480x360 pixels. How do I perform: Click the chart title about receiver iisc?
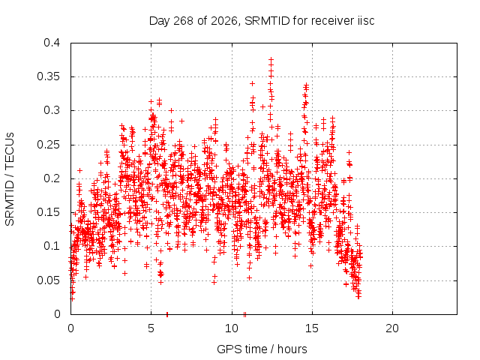tap(262, 21)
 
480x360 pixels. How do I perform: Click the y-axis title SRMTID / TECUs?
tap(10, 179)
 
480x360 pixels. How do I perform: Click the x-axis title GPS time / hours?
tap(262, 349)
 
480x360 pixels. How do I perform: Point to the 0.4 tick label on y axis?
tap(52, 43)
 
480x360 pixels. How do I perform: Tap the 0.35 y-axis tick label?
tap(48, 76)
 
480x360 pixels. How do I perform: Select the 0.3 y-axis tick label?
tap(52, 110)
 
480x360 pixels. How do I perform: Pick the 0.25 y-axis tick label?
tap(48, 145)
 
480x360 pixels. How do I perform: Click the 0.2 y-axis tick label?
tap(52, 178)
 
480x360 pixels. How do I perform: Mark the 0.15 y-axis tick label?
tap(48, 212)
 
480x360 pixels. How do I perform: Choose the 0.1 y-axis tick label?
tap(52, 246)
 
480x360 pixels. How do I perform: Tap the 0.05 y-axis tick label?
tap(48, 280)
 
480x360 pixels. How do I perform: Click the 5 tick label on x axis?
tap(151, 328)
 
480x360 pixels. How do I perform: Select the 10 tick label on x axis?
tap(232, 328)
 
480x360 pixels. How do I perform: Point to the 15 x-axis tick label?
tap(312, 328)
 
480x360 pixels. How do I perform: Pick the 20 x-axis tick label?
tap(392, 328)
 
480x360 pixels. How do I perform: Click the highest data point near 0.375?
tap(271, 59)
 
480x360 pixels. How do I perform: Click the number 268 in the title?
tap(183, 21)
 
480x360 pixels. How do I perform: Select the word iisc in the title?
tap(366, 21)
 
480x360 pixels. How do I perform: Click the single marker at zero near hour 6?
tap(167, 314)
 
